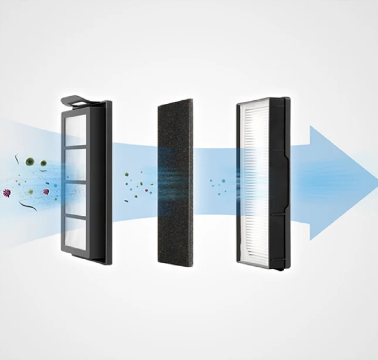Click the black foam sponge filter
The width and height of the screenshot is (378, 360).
[175, 182]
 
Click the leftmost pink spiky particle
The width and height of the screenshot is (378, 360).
[8, 192]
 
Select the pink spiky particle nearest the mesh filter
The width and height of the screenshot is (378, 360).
[46, 192]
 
